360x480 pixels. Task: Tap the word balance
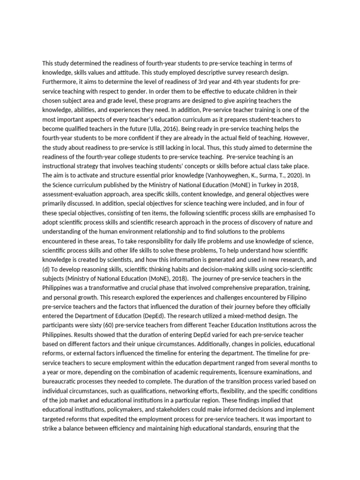(84, 429)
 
